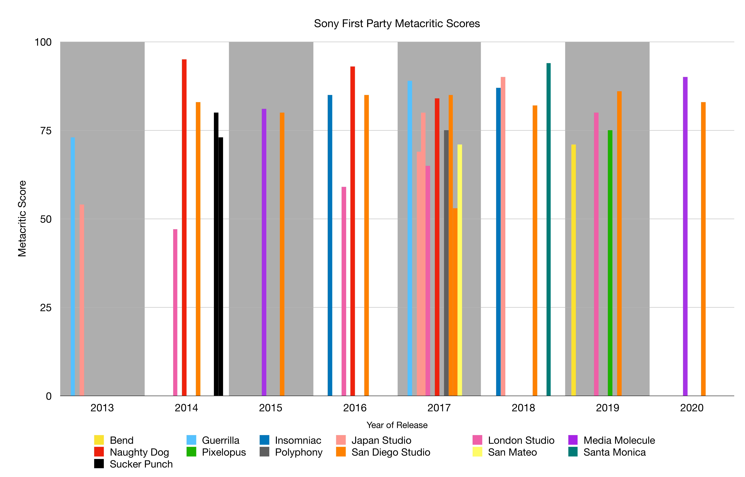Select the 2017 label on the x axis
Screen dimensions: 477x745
pyautogui.click(x=439, y=408)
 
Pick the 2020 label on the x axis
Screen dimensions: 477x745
pyautogui.click(x=692, y=408)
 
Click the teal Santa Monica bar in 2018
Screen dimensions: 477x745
pyautogui.click(x=548, y=229)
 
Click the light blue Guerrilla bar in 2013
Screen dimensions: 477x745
pyautogui.click(x=73, y=266)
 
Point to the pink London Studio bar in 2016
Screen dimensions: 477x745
pyautogui.click(x=344, y=291)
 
